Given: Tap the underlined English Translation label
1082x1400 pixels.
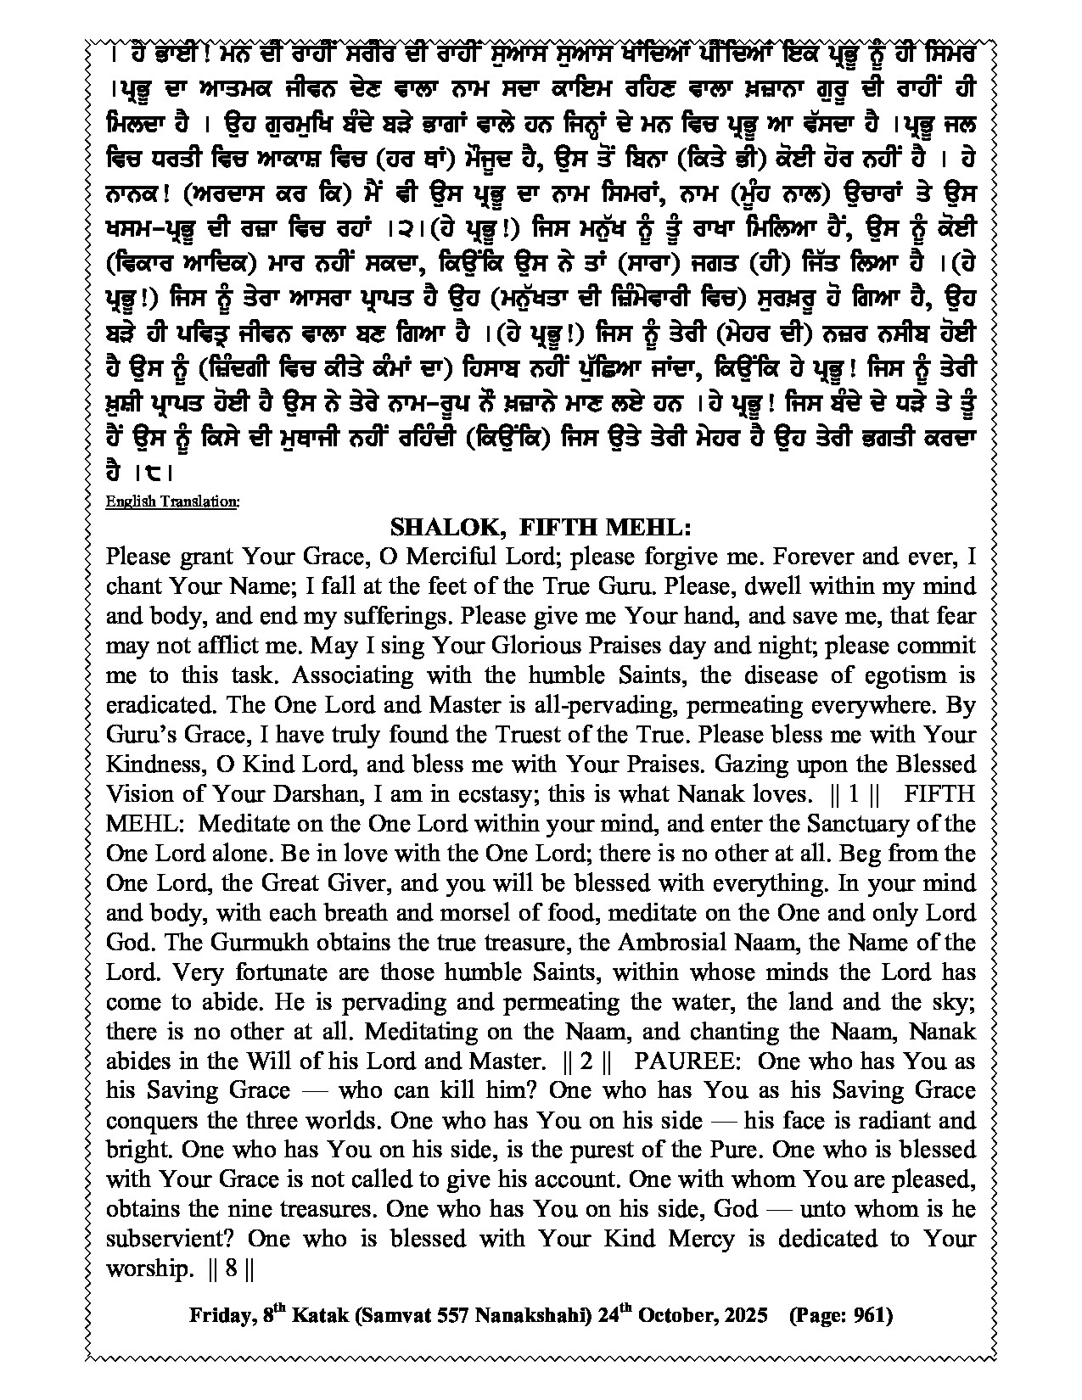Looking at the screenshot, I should tap(171, 501).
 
